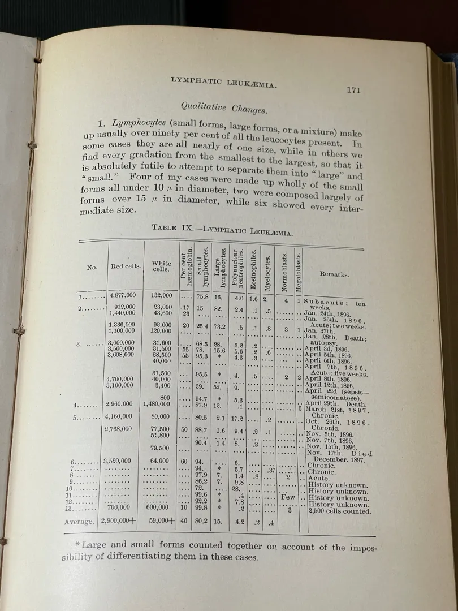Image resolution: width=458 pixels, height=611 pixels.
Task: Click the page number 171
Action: pyautogui.click(x=353, y=89)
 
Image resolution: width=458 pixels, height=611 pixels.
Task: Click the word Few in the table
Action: pyautogui.click(x=288, y=498)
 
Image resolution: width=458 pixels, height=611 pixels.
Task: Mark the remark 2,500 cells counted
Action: pyautogui.click(x=339, y=511)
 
